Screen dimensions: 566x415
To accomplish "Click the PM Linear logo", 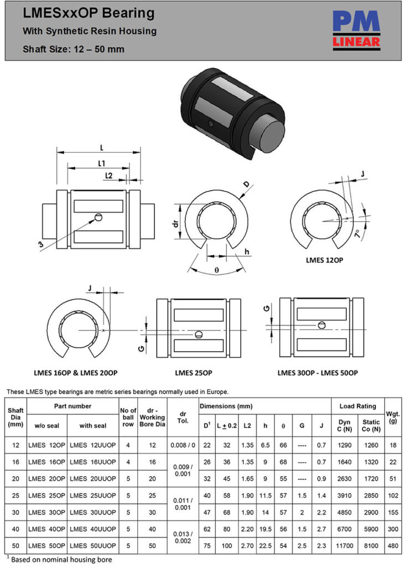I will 356,30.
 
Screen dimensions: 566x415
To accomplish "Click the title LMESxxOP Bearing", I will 89,14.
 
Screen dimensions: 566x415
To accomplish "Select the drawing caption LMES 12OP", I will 324,259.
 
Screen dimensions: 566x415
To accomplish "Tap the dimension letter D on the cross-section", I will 246,185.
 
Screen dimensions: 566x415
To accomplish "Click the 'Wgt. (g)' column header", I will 393,417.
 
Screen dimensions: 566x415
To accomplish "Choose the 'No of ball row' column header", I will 128,417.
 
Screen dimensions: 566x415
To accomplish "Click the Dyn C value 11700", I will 343,545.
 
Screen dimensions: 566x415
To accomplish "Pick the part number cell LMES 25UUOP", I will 92,495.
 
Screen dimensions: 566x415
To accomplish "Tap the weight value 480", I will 393,545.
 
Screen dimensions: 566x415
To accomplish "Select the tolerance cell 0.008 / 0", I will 183,445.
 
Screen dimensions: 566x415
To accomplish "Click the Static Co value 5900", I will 371,528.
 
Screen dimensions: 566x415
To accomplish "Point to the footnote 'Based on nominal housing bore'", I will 61,559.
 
